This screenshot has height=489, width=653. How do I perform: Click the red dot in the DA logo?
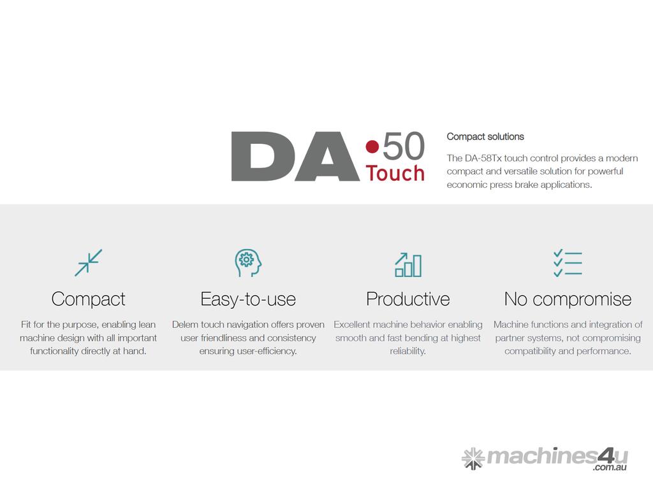(372, 146)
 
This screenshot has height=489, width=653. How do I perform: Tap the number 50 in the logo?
(404, 146)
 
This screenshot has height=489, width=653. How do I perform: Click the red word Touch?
(395, 173)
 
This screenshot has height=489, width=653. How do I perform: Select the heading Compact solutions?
(485, 136)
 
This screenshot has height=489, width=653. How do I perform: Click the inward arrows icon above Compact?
(88, 263)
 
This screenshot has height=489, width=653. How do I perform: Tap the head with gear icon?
(248, 263)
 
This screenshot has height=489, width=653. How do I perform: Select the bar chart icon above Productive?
(408, 264)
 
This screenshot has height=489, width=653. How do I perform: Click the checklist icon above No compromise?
(568, 263)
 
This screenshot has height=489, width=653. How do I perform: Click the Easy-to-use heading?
(248, 299)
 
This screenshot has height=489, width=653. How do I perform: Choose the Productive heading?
(408, 299)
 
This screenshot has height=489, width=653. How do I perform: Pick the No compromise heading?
(568, 299)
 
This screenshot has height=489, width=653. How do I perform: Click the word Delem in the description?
(185, 324)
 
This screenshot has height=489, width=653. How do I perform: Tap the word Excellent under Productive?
(352, 324)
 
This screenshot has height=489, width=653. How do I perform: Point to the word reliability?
(407, 351)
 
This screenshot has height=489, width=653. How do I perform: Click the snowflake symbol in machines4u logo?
(473, 458)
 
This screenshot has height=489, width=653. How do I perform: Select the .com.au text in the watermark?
(610, 467)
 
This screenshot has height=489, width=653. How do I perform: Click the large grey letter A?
(327, 157)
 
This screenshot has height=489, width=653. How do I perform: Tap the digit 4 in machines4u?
(606, 456)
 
